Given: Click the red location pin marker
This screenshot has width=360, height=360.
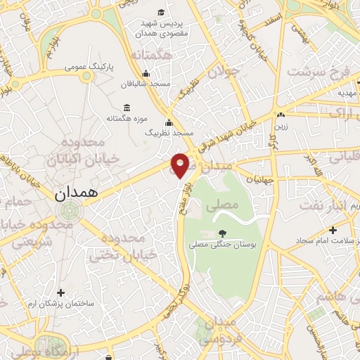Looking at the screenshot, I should (x=181, y=165).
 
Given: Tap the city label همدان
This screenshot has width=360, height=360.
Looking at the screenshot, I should (x=79, y=191).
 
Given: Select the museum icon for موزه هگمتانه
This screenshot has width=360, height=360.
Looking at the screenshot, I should (x=127, y=108).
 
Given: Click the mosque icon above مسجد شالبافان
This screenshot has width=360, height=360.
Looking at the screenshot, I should (x=146, y=73).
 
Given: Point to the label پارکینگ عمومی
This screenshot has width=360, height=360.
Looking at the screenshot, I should (x=88, y=67).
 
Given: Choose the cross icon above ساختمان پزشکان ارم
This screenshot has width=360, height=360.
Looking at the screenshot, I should (x=61, y=292).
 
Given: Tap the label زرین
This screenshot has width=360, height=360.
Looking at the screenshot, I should (x=281, y=127).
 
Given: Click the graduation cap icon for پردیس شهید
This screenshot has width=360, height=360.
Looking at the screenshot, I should (x=161, y=12).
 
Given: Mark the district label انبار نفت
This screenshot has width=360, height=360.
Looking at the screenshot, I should (x=328, y=205).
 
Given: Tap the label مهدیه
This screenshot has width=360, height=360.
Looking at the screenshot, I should (x=348, y=92).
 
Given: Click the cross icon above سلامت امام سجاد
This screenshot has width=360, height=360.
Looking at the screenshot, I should (x=333, y=229).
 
